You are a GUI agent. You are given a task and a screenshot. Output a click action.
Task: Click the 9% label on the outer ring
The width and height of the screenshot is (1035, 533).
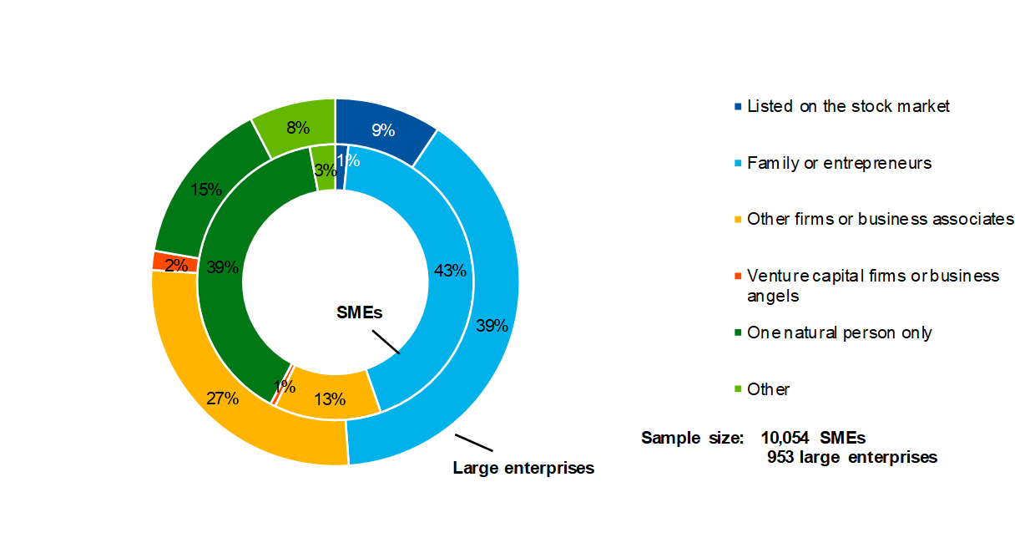[x=383, y=130]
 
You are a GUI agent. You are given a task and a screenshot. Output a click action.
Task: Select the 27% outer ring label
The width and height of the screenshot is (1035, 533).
[x=223, y=398]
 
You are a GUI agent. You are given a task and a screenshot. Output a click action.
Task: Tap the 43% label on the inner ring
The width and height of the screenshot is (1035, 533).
[x=450, y=271]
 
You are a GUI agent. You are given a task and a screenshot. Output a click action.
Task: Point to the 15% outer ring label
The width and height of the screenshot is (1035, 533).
[x=205, y=190]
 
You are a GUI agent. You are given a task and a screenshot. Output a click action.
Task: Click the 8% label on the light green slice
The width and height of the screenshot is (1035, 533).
[x=298, y=128]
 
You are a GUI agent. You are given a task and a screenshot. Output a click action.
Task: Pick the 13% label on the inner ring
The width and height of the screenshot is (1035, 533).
[x=330, y=399]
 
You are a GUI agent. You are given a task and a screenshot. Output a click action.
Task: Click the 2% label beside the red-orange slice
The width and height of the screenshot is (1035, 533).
[x=176, y=266]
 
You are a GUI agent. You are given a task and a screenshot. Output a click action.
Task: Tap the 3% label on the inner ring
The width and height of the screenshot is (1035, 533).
[x=326, y=170]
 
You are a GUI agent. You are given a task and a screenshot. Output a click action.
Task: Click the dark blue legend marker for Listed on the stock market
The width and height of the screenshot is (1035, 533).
[x=737, y=107]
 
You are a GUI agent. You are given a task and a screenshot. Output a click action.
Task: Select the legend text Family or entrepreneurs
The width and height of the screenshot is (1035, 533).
[x=839, y=163]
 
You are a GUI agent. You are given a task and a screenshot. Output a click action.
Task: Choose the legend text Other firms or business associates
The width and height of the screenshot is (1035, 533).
[x=881, y=219]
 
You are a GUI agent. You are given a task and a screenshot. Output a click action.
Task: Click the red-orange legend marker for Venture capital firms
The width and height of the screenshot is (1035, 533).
[x=737, y=276]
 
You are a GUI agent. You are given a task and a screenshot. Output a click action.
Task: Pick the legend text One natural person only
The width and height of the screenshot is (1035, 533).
[x=839, y=332]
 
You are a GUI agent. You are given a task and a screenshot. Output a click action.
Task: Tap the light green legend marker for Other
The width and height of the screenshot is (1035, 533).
[x=737, y=389]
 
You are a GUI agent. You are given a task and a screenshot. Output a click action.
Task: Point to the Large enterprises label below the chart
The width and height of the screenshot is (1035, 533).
[x=523, y=468]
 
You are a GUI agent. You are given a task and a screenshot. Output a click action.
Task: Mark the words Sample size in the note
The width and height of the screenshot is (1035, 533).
[x=692, y=437]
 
